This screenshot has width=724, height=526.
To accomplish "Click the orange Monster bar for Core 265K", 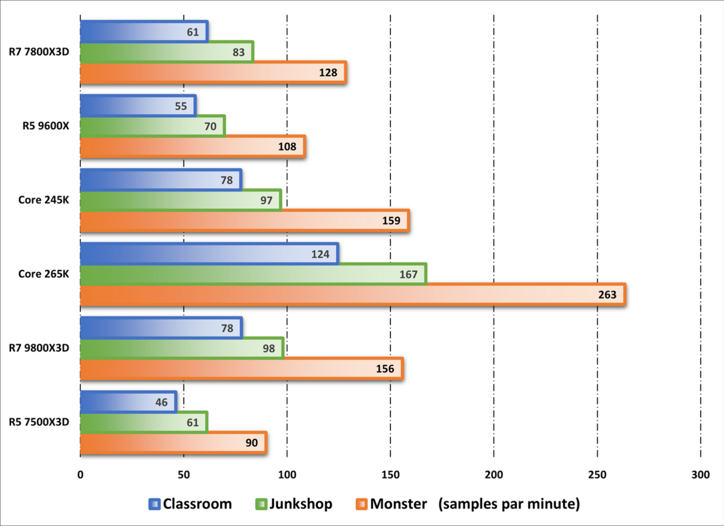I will click(353, 294).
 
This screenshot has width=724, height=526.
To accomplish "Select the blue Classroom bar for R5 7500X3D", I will click(128, 402).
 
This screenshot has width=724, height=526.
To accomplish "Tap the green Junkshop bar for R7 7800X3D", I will click(167, 53).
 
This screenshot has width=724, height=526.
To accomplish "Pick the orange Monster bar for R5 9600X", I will click(193, 147).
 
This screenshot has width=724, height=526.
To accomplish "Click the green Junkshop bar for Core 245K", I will click(180, 200).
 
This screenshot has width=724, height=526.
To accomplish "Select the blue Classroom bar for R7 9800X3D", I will click(160, 328).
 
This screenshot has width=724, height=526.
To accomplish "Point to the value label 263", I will click(607, 295).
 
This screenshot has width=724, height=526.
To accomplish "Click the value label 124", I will click(320, 254).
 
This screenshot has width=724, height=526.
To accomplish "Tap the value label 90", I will click(252, 443).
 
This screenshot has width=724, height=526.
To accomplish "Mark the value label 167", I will click(408, 274).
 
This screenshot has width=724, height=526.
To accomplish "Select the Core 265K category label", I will click(44, 274).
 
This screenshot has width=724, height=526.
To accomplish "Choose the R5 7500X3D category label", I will click(39, 422).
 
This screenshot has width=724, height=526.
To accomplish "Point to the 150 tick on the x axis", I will click(390, 475).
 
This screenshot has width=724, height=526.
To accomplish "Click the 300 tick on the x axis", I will click(700, 475).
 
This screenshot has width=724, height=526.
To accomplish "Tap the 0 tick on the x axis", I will click(80, 475).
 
